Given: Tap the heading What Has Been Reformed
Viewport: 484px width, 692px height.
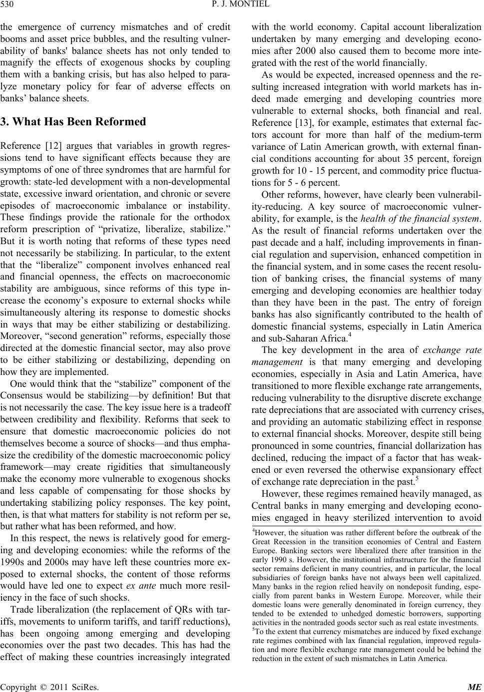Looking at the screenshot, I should (x=73, y=122).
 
